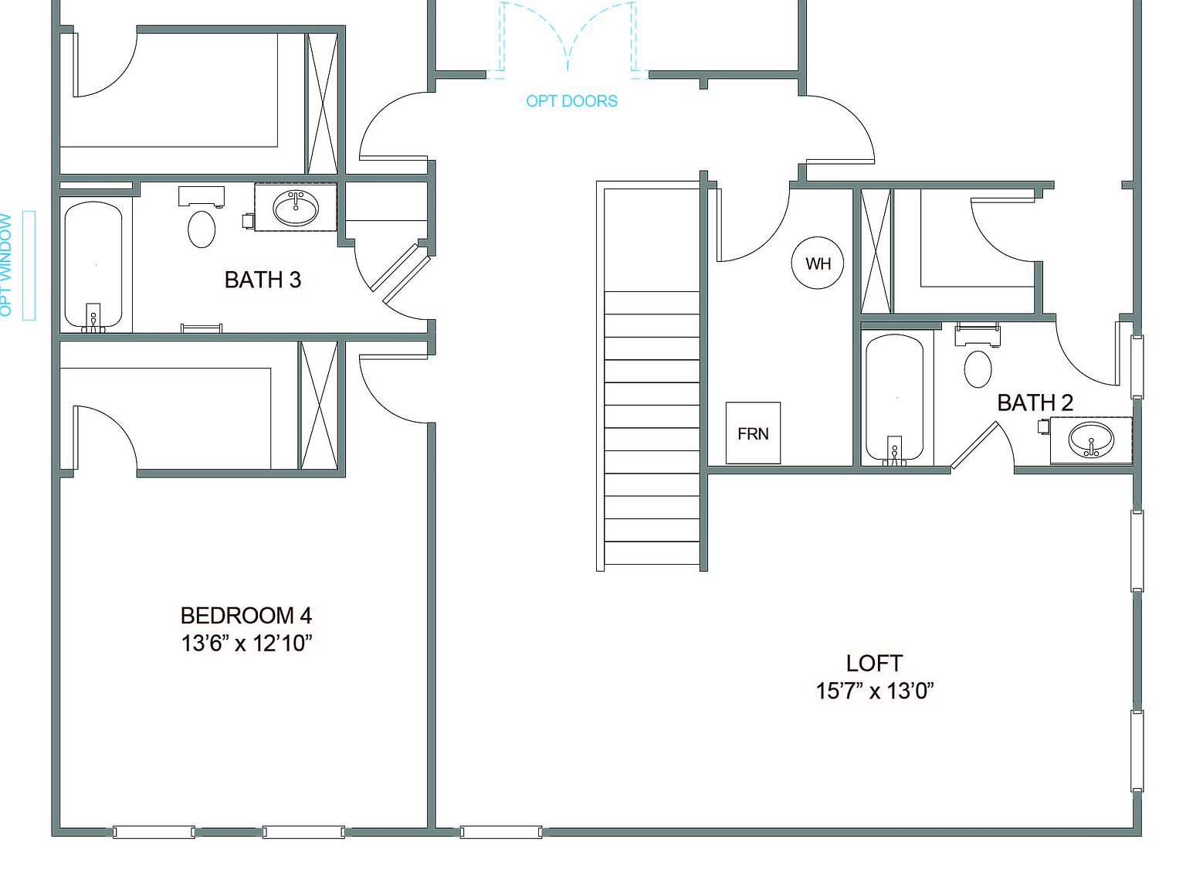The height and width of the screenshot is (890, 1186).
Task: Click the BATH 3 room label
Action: tap(263, 280)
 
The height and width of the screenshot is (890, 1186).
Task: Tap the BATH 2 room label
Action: tap(1035, 403)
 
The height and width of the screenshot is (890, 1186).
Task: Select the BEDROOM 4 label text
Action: tap(246, 616)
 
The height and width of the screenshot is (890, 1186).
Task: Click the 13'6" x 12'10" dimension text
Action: tap(246, 643)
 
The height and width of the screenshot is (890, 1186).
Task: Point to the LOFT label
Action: tap(874, 663)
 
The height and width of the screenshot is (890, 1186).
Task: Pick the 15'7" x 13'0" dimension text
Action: tap(874, 691)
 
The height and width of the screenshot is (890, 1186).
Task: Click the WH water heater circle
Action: tap(818, 263)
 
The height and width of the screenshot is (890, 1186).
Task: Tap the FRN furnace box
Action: tap(753, 433)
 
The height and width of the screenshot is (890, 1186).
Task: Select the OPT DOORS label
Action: tap(571, 101)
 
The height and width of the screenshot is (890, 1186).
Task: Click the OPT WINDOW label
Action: tap(7, 265)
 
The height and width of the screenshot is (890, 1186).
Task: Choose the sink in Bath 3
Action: tap(296, 207)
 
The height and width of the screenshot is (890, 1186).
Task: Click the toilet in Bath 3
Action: tap(202, 228)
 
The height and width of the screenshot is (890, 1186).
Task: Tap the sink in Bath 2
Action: tap(1091, 440)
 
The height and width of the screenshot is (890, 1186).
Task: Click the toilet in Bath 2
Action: tap(978, 368)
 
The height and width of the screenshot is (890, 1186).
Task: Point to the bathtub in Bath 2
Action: tap(894, 397)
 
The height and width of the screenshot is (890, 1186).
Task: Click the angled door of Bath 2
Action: tap(975, 445)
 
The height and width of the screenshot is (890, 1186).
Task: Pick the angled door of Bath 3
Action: tap(401, 273)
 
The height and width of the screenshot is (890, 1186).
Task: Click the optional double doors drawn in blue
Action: tap(568, 39)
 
